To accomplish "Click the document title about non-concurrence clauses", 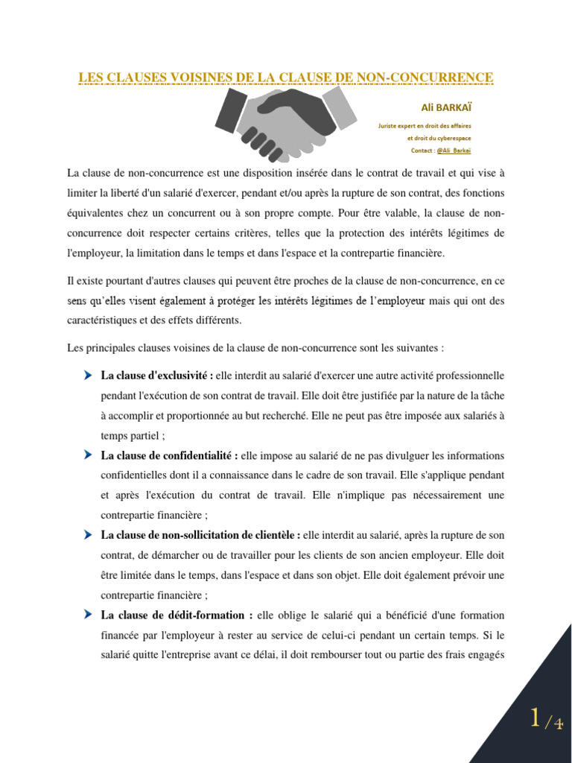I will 286,77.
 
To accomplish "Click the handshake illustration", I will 285,123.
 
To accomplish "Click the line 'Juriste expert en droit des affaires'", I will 425,126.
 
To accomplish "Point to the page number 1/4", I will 546,720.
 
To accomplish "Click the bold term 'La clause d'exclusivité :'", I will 157,375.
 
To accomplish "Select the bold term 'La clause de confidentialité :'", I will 169,455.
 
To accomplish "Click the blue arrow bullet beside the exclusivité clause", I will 89,375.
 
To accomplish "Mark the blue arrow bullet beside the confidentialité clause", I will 89,455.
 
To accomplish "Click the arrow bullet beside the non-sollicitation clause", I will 89,534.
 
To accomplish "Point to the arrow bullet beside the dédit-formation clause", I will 89,615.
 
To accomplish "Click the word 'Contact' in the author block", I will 421,150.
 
